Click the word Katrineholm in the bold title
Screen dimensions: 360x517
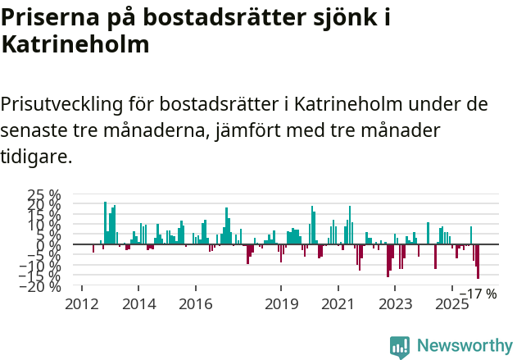pos(75,44)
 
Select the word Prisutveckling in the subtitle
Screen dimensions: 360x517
pos(62,105)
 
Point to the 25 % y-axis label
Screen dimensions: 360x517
pos(44,195)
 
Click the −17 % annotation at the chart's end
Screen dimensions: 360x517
pos(478,294)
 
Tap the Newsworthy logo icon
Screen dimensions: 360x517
pos(400,347)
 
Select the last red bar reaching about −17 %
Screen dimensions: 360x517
pos(478,262)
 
